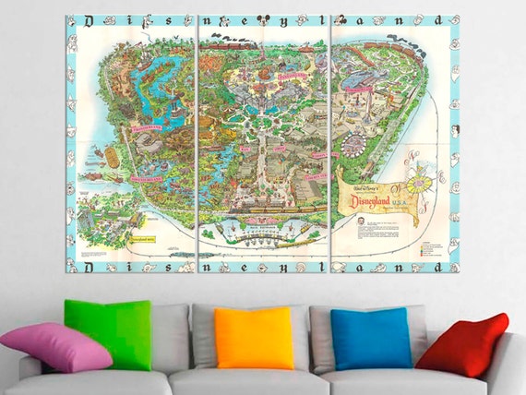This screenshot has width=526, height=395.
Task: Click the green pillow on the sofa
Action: point(109,332)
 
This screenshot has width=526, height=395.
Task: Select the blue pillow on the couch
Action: point(371,338)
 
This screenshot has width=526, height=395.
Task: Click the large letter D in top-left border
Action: point(87,19)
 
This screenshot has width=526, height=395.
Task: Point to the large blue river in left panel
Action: point(160,78)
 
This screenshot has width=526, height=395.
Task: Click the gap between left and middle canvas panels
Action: point(197,138)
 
